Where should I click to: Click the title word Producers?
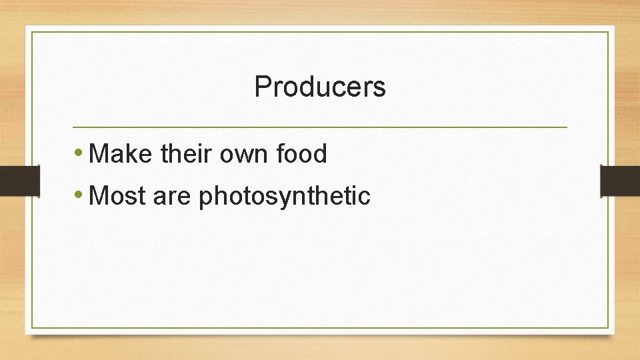320,87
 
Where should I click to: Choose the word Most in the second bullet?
116,196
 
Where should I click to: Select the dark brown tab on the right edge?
620,181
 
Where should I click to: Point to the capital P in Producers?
262,87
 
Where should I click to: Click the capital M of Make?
98,155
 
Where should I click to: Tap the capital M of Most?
98,196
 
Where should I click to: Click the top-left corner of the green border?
31,32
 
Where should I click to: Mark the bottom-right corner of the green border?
609,327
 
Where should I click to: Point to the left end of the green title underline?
73,127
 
